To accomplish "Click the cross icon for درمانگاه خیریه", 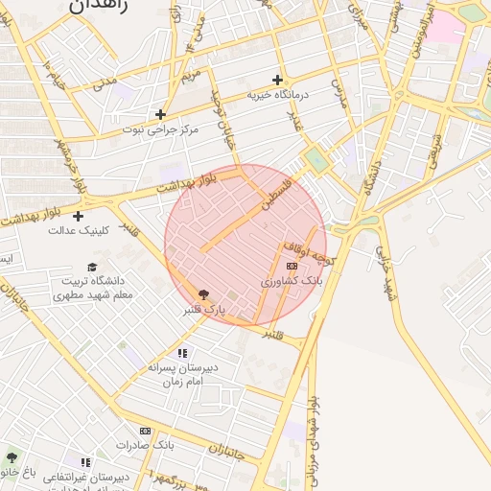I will pyautogui.click(x=277, y=80).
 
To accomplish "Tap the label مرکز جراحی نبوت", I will pyautogui.click(x=160, y=129).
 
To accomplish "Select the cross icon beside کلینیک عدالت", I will pyautogui.click(x=78, y=216).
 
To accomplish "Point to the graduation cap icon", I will pyautogui.click(x=92, y=267).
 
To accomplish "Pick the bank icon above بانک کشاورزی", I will pyautogui.click(x=292, y=266).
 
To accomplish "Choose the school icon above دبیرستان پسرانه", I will pyautogui.click(x=182, y=352).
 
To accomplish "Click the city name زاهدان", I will pyautogui.click(x=97, y=7).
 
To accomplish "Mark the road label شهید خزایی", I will pyautogui.click(x=387, y=273).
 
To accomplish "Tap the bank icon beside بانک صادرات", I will pyautogui.click(x=146, y=432).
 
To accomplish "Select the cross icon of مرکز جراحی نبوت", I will pyautogui.click(x=160, y=114).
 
